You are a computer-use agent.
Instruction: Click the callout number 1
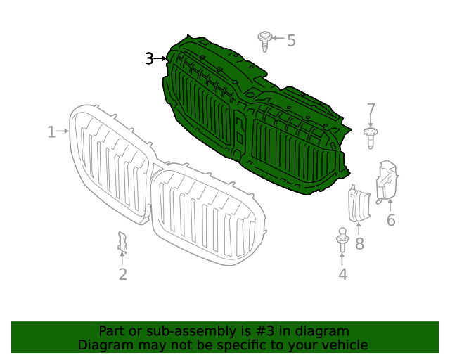51,131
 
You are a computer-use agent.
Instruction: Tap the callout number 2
122,274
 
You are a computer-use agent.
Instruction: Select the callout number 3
148,59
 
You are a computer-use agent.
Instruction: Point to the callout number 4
342,274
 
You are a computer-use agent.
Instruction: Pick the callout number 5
291,41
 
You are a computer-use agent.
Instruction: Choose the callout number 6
391,220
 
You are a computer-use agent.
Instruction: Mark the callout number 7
371,110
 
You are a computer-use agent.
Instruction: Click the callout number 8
359,244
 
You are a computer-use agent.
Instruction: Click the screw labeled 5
265,40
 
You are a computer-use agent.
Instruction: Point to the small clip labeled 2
122,242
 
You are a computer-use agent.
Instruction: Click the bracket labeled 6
387,181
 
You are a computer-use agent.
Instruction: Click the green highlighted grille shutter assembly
253,120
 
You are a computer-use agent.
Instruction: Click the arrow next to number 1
63,131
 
